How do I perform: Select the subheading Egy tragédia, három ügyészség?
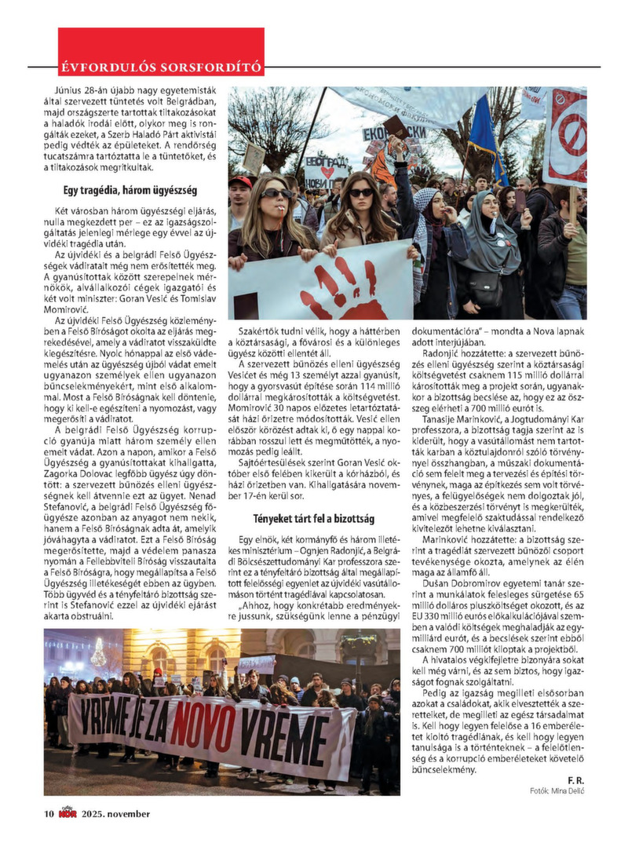tap(130, 190)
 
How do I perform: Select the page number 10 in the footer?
tap(48, 814)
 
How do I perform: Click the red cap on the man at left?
tap(241, 181)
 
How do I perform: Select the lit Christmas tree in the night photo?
tap(99, 651)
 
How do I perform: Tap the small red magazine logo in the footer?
tap(67, 813)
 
